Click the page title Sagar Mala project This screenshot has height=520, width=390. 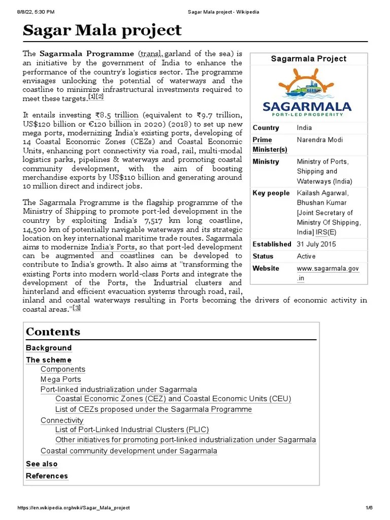(102, 31)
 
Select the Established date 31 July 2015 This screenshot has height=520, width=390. (316, 244)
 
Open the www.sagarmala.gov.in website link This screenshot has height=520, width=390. (328, 273)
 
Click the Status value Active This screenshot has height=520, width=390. (306, 256)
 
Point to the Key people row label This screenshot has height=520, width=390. (271, 193)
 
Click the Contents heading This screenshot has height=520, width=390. (53, 332)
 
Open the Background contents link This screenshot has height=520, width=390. (49, 348)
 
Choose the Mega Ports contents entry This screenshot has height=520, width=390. (60, 379)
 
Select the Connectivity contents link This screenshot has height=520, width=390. (61, 420)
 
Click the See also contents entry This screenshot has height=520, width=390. (42, 464)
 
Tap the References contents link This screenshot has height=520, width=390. (47, 476)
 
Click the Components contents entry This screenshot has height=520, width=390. (63, 369)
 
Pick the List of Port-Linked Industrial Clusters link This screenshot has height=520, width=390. (132, 430)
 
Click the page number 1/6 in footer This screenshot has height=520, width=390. (369, 508)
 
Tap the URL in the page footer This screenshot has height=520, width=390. (74, 508)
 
